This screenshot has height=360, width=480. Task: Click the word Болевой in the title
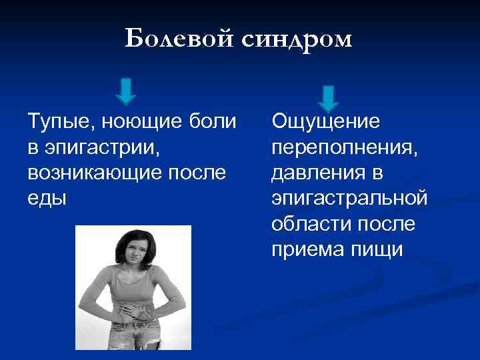(x=178, y=39)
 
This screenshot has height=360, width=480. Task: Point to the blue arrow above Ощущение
(x=328, y=97)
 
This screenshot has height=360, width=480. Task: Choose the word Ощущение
(x=325, y=123)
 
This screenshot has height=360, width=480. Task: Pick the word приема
(x=304, y=249)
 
